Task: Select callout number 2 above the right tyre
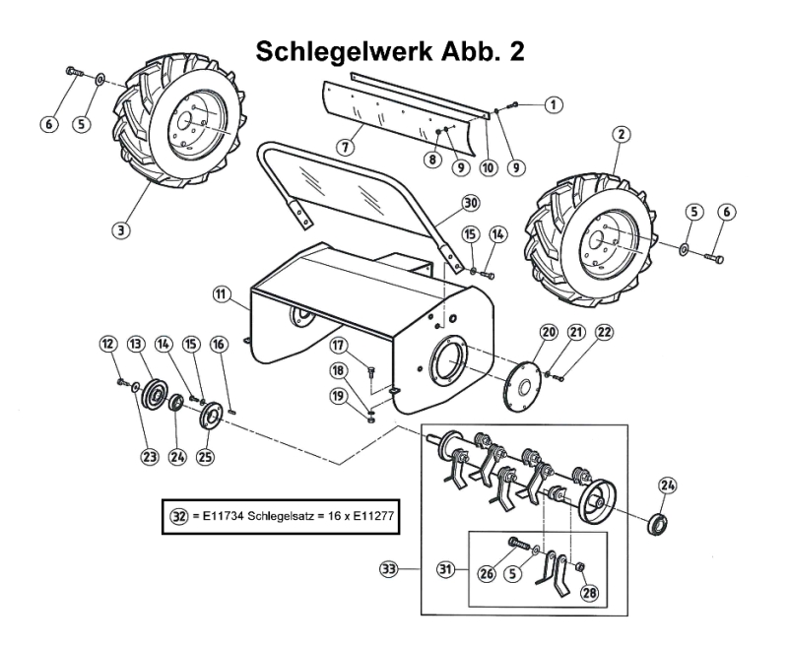621,134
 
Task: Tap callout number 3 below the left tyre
121,230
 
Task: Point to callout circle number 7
344,147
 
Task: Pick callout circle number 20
549,333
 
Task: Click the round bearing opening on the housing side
446,365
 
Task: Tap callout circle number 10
487,167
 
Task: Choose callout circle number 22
604,333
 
